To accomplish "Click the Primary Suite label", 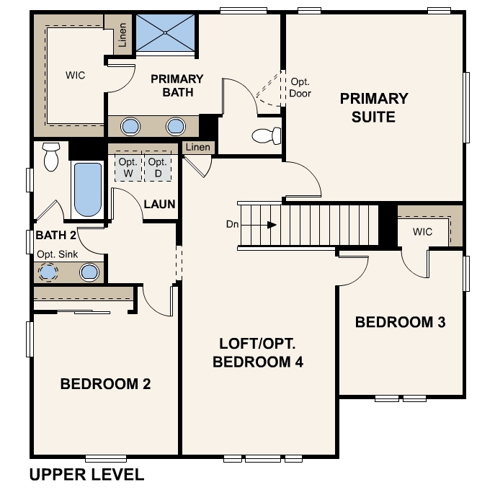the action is click(374, 107).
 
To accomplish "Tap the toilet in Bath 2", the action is click(51, 156).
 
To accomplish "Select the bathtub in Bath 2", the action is click(88, 189).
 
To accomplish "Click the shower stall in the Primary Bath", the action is click(165, 32).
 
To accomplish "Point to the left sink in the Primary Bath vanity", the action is click(130, 126).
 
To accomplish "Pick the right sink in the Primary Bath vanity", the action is click(176, 126).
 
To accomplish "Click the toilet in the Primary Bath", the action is click(267, 135).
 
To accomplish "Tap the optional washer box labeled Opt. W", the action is click(128, 167).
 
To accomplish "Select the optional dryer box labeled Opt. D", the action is click(158, 167).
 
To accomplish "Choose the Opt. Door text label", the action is click(300, 87).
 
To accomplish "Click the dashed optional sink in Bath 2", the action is click(48, 272).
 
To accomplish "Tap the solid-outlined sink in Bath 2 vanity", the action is click(89, 272).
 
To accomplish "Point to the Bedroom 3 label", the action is click(401, 322).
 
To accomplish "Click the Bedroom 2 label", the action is click(105, 384).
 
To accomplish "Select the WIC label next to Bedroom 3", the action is click(422, 232).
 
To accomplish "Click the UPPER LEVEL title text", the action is click(86, 475).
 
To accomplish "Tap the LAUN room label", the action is click(159, 204).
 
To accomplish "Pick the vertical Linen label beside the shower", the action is click(122, 35).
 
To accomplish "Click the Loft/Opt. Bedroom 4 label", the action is click(258, 352).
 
